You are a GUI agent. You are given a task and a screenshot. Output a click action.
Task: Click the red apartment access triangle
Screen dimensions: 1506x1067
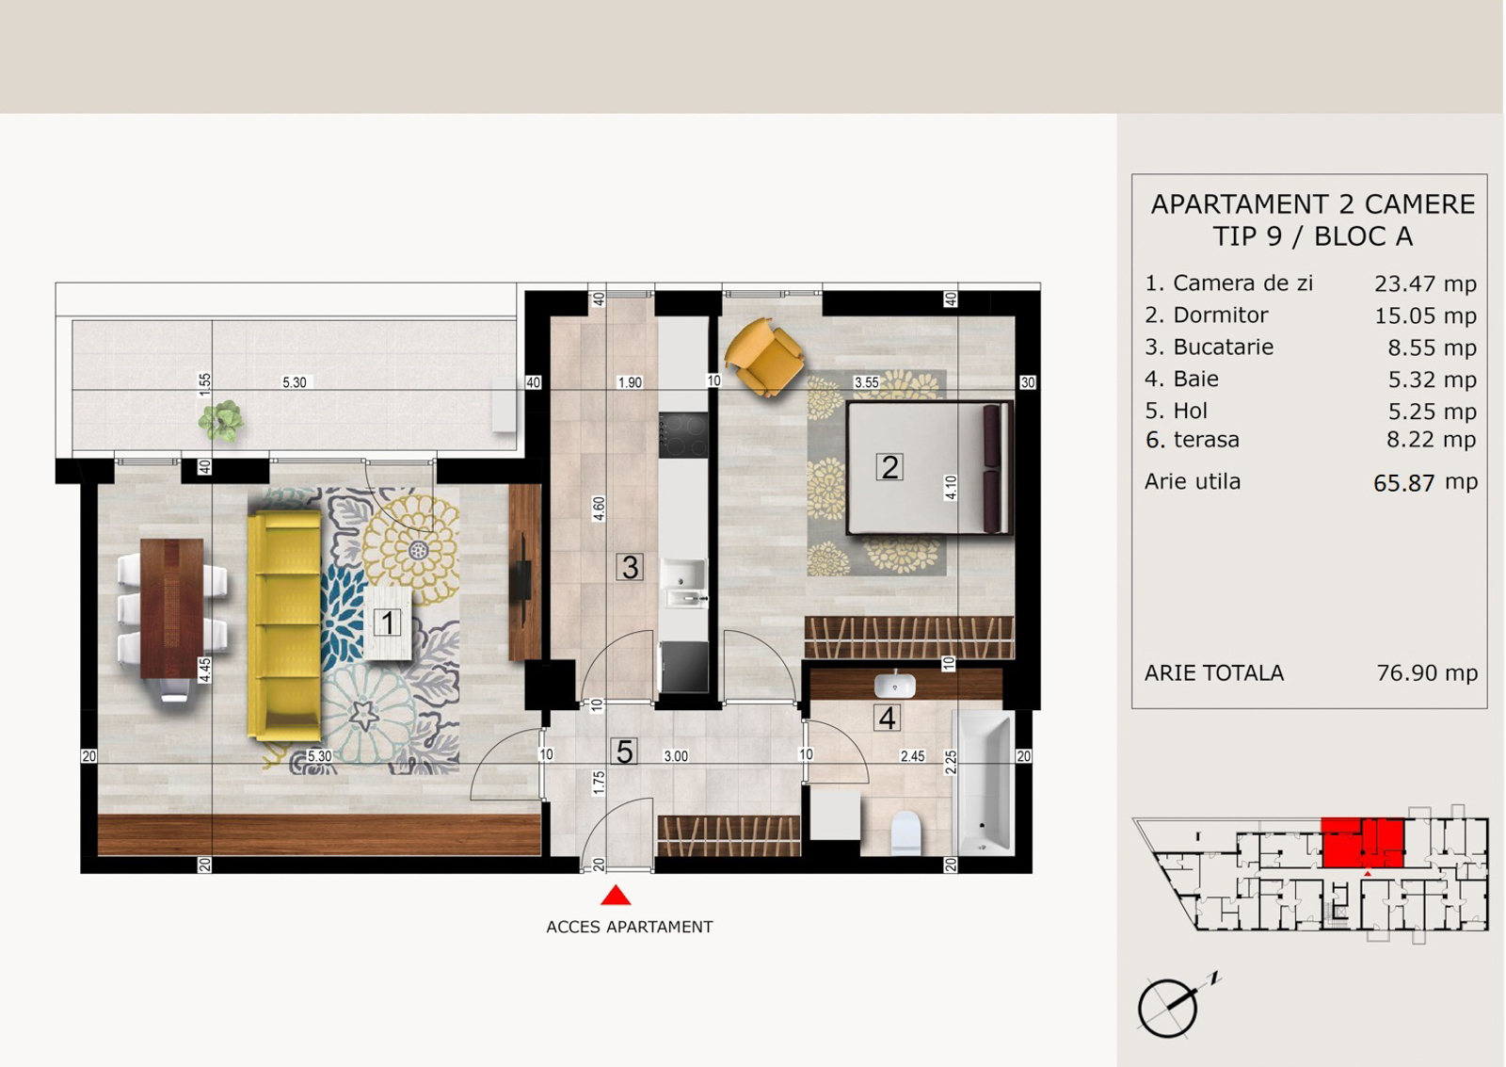pos(616,896)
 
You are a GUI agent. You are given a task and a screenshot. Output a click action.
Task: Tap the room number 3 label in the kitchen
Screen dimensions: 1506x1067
pos(630,567)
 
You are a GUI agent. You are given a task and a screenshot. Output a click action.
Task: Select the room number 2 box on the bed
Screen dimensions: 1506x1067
pos(889,467)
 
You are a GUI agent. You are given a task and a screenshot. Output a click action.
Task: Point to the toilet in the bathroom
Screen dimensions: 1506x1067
pos(905,833)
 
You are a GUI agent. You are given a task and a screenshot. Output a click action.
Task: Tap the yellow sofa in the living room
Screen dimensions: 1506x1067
pos(284,625)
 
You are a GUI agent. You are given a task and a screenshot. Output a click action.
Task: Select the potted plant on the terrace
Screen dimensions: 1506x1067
pos(221,421)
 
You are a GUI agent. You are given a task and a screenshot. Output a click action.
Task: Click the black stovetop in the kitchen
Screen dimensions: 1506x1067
pos(683,435)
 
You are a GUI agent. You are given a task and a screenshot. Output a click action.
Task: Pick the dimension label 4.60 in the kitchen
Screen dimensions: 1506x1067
pos(599,509)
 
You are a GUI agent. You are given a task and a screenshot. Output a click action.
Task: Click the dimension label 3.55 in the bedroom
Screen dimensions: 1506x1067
pos(866,382)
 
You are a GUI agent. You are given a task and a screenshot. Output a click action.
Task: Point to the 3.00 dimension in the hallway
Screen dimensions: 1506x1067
pos(676,756)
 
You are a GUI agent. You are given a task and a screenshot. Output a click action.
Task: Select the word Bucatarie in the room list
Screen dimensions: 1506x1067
pos(1224,348)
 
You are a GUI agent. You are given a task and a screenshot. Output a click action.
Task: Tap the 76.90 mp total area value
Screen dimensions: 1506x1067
pos(1427,672)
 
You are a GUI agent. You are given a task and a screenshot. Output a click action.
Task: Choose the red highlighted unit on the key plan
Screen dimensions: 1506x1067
pos(1363,843)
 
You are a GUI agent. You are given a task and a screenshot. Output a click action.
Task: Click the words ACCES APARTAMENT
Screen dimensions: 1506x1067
pos(630,927)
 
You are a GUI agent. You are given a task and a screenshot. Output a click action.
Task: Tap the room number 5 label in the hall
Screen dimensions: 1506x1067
pos(625,752)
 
